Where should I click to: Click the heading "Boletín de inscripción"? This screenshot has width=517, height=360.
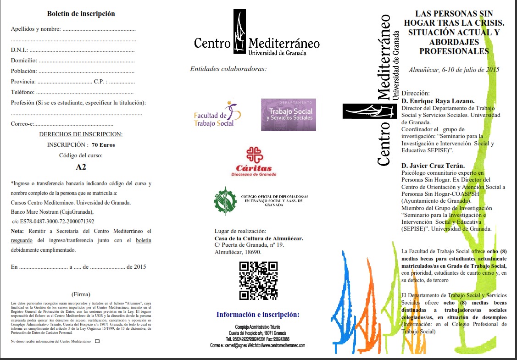pyautogui.click(x=81, y=14)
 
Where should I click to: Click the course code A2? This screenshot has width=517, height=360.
pyautogui.click(x=81, y=167)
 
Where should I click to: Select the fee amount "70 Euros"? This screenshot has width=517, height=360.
pyautogui.click(x=103, y=144)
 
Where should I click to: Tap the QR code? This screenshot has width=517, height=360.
pyautogui.click(x=259, y=280)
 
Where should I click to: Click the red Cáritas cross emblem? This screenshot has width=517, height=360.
pyautogui.click(x=255, y=155)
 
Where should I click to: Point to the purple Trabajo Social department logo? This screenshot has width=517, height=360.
pyautogui.click(x=289, y=115)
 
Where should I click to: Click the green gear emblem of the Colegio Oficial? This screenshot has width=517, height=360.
pyautogui.click(x=225, y=201)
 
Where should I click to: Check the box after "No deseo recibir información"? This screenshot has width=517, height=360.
pyautogui.click(x=97, y=341)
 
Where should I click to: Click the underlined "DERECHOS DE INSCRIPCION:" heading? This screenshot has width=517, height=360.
pyautogui.click(x=81, y=134)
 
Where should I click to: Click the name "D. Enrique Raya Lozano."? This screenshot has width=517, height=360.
pyautogui.click(x=438, y=101)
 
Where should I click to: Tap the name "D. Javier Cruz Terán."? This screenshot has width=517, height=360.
pyautogui.click(x=433, y=166)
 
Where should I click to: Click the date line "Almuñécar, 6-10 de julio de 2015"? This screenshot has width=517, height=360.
pyautogui.click(x=454, y=70)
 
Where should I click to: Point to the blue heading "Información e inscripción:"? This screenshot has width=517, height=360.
pyautogui.click(x=258, y=315)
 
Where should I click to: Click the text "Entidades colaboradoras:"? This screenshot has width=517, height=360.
pyautogui.click(x=228, y=69)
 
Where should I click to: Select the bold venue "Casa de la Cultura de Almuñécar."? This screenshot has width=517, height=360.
pyautogui.click(x=259, y=238)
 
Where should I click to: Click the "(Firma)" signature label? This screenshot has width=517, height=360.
pyautogui.click(x=81, y=294)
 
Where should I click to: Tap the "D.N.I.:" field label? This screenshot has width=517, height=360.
pyautogui.click(x=20, y=50)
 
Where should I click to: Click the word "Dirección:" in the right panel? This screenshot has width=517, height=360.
pyautogui.click(x=416, y=93)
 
